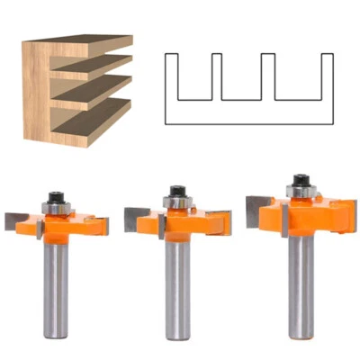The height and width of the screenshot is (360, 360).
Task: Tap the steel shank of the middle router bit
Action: [177, 292]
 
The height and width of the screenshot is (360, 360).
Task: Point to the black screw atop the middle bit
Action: [178, 192]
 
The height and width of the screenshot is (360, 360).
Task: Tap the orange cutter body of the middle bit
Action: [178, 224]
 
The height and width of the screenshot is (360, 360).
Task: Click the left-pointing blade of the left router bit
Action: [17, 217]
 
